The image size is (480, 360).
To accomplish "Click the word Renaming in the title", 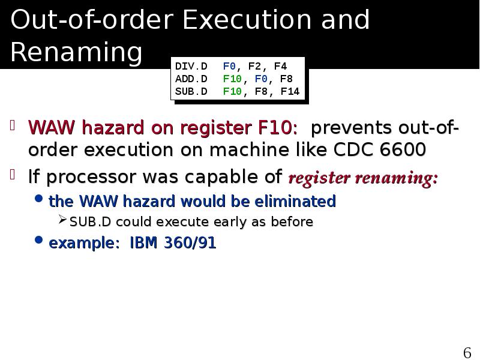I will click(x=76, y=53).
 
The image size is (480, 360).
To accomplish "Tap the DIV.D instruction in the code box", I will click(x=191, y=66).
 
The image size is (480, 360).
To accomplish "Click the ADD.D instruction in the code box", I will click(x=191, y=79).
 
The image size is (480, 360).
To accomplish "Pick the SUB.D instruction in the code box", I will click(x=191, y=92).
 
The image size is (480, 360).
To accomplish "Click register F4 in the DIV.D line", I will click(x=280, y=66).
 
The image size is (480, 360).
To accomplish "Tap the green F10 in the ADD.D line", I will click(x=232, y=79).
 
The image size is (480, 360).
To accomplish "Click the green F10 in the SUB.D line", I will click(x=232, y=92).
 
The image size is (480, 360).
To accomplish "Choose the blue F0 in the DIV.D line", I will click(x=229, y=66).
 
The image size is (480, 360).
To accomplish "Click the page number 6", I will click(x=467, y=352).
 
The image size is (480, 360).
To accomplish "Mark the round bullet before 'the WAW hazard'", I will click(x=40, y=200).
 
